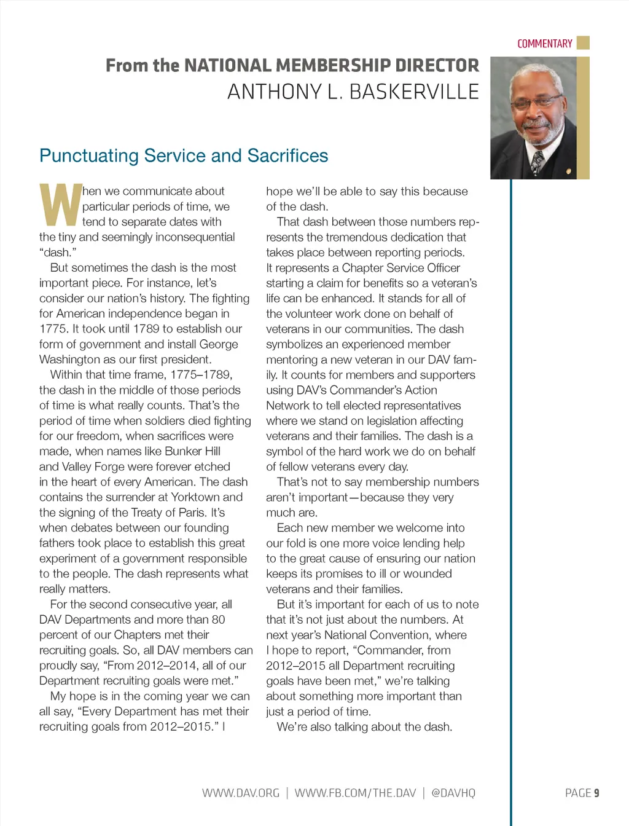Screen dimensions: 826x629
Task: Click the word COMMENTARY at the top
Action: click(544, 44)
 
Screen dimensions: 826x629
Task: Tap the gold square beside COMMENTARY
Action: click(583, 43)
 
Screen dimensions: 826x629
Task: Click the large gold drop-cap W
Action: click(60, 205)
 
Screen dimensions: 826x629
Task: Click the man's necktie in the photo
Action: click(537, 162)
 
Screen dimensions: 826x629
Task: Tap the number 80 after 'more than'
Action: click(218, 619)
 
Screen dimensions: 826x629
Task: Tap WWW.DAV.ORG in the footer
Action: click(241, 793)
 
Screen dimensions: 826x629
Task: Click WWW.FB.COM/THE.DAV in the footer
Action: click(355, 793)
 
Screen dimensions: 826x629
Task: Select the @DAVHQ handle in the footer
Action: click(453, 793)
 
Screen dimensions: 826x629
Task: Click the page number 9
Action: click(596, 793)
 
